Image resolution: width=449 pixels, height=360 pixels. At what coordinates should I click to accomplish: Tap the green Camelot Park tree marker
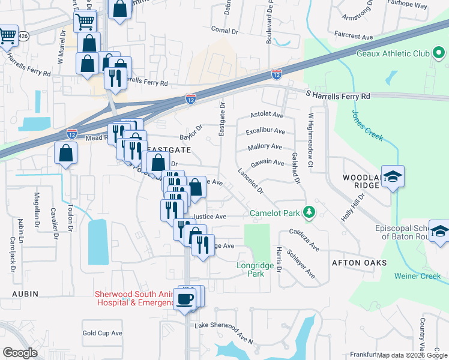coord(309,212)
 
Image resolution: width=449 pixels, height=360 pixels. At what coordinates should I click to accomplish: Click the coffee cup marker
coord(184,299)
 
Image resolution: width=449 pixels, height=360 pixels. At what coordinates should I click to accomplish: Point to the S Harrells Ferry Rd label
coord(338,95)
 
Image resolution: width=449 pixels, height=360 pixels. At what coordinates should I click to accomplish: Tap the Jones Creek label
coord(368,125)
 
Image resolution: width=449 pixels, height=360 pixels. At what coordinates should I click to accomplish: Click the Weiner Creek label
coord(418,276)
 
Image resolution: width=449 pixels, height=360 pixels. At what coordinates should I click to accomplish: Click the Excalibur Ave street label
coord(265,131)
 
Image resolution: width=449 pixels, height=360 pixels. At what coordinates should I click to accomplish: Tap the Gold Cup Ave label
coord(102,333)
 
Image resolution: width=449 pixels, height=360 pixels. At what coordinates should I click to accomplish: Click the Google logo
coord(20,352)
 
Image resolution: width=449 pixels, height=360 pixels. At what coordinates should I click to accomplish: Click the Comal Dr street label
coord(225,29)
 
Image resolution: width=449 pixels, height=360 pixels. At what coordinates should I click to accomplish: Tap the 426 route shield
coord(22,36)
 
